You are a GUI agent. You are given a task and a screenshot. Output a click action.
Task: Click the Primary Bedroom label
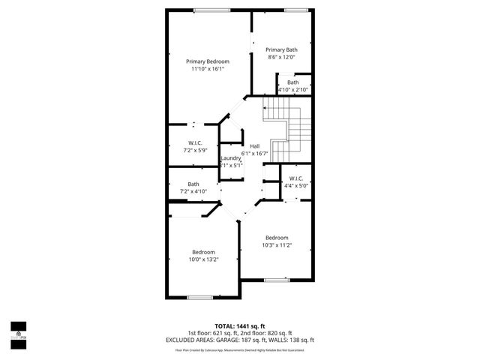click(208, 61)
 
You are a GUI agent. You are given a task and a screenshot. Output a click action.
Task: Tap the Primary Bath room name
click(281, 49)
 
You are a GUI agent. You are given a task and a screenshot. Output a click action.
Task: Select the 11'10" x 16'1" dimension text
click(208, 69)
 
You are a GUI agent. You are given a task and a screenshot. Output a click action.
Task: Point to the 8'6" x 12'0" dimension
click(281, 57)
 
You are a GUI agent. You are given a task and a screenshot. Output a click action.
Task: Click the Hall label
click(255, 145)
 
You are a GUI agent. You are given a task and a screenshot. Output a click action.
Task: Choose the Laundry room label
click(231, 158)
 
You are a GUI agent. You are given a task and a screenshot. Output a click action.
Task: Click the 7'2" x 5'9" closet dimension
click(194, 150)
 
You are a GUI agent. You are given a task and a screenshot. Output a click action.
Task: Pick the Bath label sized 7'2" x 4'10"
click(193, 184)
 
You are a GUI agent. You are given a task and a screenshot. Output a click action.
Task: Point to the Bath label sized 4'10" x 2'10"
click(292, 82)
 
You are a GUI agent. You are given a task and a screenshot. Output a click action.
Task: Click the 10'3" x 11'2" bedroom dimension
click(277, 245)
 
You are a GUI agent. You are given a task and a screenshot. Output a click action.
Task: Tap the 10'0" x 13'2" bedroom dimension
click(203, 259)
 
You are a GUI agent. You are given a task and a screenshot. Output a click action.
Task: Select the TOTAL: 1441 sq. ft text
click(239, 326)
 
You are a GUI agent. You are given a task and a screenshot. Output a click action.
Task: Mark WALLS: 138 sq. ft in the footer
click(291, 340)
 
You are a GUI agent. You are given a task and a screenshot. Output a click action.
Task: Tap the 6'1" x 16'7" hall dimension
click(255, 153)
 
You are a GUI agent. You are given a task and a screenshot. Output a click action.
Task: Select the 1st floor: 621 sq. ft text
click(213, 333)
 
